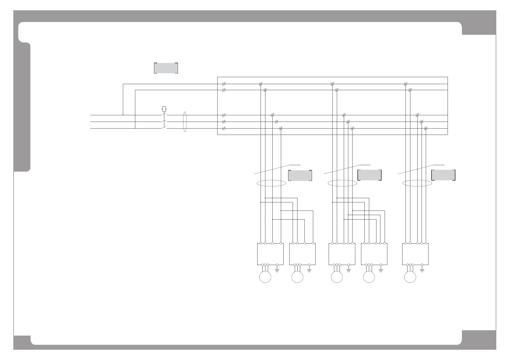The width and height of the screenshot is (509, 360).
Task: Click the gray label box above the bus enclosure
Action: tap(166, 68)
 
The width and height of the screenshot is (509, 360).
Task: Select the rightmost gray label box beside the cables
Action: tap(443, 175)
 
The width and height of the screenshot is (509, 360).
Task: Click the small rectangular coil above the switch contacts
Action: tap(164, 108)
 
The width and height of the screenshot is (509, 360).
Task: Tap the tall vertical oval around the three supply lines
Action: tap(185, 122)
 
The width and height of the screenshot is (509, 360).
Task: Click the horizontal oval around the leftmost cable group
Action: tap(271, 183)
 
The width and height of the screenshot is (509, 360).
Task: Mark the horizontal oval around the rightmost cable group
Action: tap(417, 183)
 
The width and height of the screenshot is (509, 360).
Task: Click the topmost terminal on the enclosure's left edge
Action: tap(224, 83)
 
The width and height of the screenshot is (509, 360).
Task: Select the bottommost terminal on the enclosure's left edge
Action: tap(224, 129)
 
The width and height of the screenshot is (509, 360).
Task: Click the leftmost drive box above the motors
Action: tap(270, 254)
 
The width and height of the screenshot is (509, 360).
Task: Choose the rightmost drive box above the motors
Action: tap(415, 254)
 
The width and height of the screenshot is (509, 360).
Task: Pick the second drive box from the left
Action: tap(303, 254)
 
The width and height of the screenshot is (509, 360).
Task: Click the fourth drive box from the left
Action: tap(374, 254)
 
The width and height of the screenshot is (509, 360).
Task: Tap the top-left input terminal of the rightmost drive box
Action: tap(406, 243)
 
